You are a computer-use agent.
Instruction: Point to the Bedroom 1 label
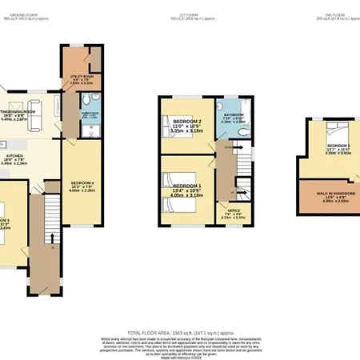tap(188, 190)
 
